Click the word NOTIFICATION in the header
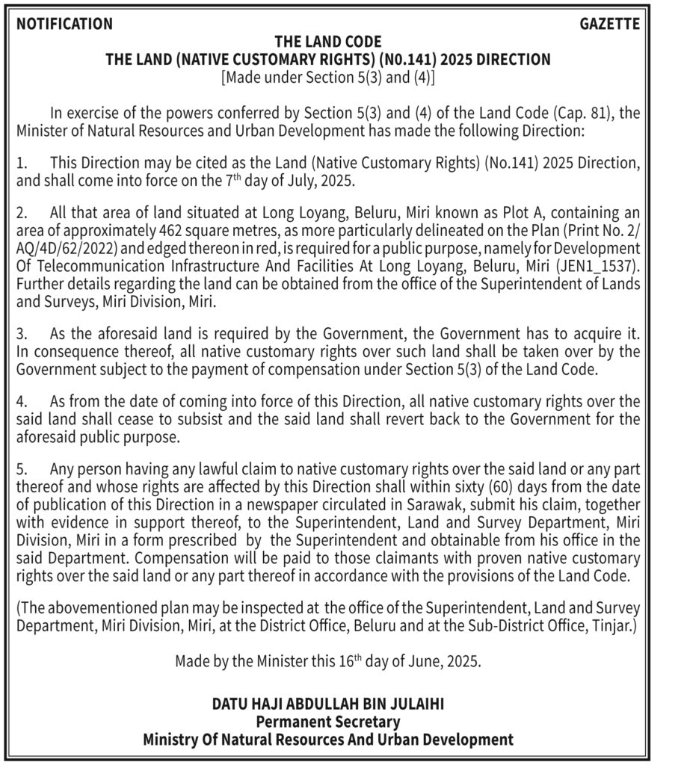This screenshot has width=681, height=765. tap(64, 24)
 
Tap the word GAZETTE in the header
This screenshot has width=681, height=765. tap(610, 24)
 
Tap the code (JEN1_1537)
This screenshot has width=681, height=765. tap(599, 264)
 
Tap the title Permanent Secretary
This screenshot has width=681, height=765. tap(328, 722)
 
